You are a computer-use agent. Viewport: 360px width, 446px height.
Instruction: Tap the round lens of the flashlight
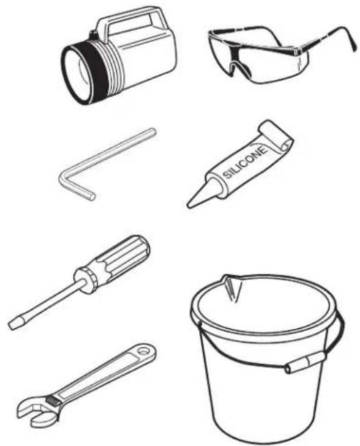point(76,75)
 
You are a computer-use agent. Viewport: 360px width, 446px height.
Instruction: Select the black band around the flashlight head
point(94,71)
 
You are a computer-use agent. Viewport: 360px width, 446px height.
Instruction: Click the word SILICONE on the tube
point(246,162)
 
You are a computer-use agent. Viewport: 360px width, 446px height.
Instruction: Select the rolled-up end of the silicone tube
point(275,136)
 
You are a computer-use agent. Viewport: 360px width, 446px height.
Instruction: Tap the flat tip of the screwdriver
point(14,325)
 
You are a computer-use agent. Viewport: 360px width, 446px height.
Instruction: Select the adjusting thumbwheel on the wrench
point(53,401)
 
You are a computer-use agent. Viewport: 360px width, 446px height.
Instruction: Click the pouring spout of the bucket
point(231,287)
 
